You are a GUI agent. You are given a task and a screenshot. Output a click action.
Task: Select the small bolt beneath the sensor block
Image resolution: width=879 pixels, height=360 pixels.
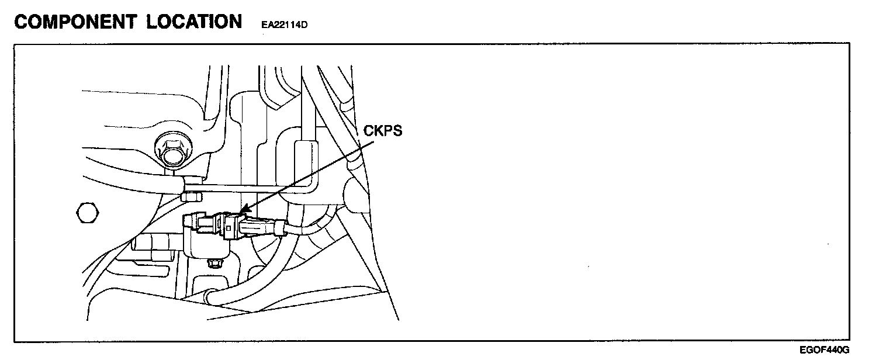[x=214, y=263]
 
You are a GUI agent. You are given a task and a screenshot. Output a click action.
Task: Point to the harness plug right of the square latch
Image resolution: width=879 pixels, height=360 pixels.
[x=257, y=227]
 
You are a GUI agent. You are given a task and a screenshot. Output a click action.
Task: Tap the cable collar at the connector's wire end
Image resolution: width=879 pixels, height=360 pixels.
[x=280, y=227]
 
